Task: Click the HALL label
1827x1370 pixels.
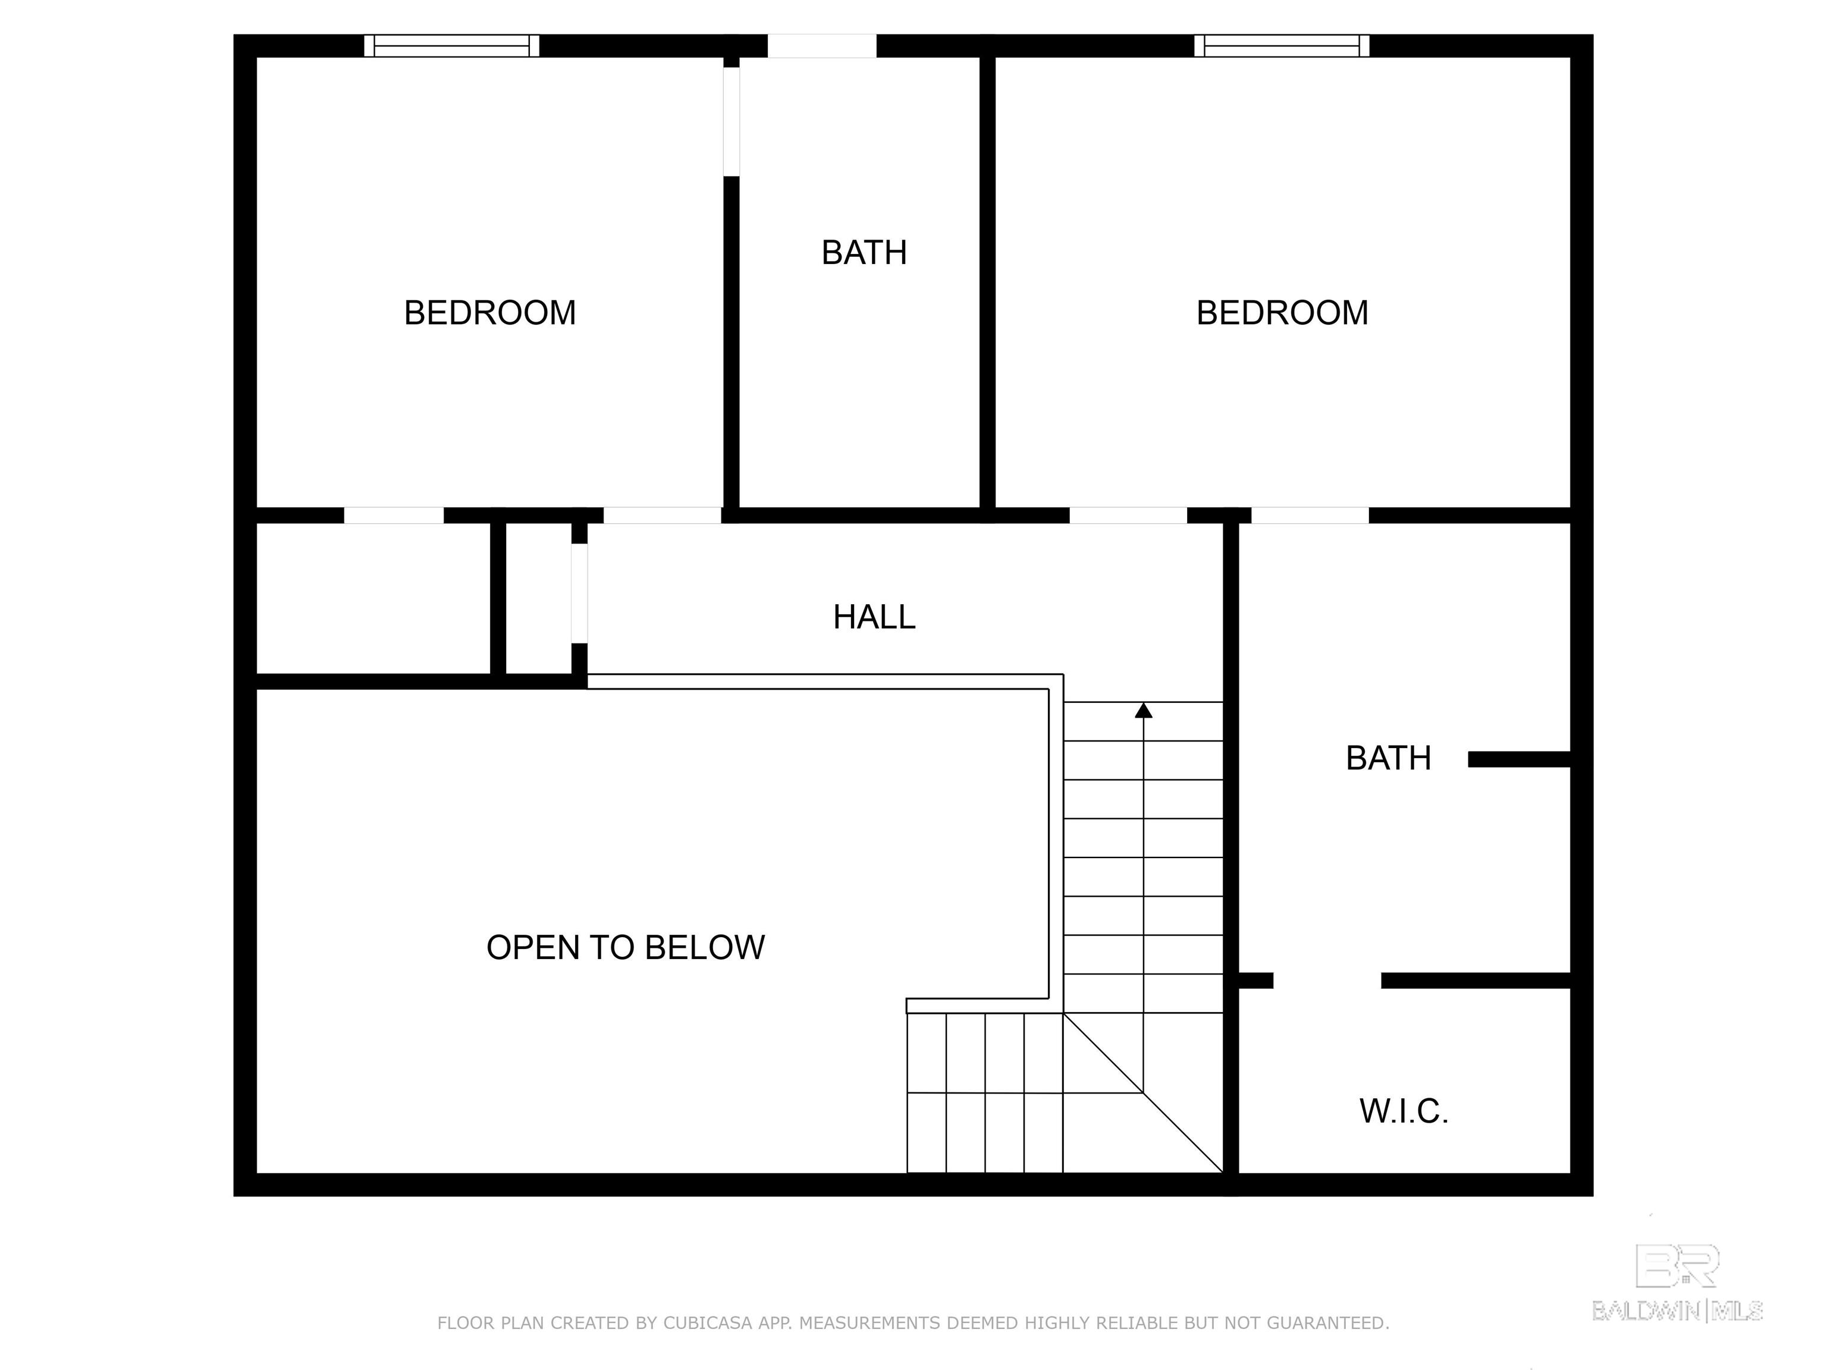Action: (x=874, y=617)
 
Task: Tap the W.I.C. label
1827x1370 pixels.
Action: (x=1404, y=1111)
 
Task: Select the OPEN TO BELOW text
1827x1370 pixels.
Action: (x=625, y=947)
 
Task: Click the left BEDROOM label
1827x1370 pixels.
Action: (x=490, y=313)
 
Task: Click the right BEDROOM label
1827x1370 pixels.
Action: (x=1282, y=313)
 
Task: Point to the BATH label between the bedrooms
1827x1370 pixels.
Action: (x=864, y=253)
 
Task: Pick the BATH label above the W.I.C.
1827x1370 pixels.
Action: (x=1389, y=758)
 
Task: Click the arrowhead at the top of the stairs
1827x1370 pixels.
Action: (x=1143, y=710)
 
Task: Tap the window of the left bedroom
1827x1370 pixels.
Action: (x=452, y=45)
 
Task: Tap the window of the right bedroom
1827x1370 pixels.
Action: (x=1282, y=45)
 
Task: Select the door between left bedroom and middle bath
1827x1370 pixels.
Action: (x=732, y=121)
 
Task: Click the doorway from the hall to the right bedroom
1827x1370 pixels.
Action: (x=1128, y=516)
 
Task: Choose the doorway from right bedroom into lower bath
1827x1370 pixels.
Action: (x=1310, y=516)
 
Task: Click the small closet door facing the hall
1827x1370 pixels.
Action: (x=580, y=593)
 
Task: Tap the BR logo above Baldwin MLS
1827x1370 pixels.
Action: (x=1678, y=1266)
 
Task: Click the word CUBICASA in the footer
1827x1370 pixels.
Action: (x=708, y=1323)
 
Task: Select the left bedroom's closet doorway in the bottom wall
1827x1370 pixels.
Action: (x=394, y=516)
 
